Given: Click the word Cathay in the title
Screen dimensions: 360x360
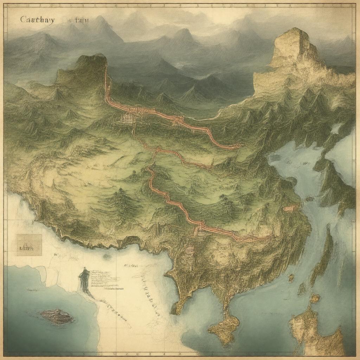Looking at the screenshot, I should tap(37, 20).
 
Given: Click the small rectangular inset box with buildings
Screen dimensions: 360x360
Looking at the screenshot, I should tap(29, 245).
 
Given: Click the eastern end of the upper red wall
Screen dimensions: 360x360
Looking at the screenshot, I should tap(239, 145).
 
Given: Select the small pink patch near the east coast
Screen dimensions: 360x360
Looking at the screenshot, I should tap(290, 208).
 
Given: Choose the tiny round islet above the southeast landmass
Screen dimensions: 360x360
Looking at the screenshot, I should tap(291, 278).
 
